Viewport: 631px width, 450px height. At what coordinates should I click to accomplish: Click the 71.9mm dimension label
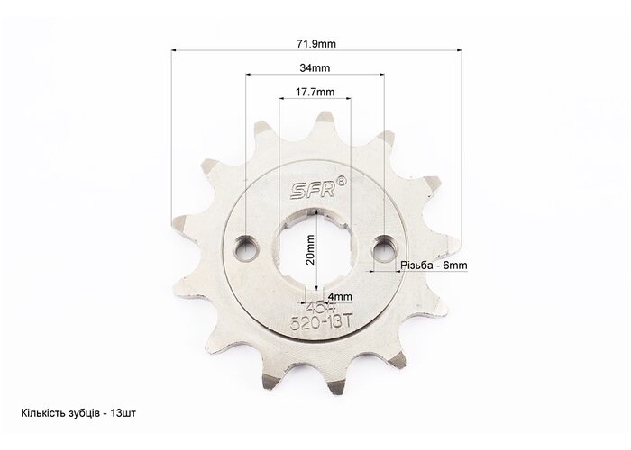pos(315,44)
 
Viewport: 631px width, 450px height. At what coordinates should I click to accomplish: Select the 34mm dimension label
pos(315,68)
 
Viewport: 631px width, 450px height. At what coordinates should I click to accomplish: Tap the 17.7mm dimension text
pos(315,92)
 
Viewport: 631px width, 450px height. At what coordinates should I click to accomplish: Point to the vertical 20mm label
pos(310,249)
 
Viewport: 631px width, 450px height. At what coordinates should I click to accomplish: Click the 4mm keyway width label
pos(340,297)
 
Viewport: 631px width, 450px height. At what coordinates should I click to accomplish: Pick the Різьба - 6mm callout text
pos(434,265)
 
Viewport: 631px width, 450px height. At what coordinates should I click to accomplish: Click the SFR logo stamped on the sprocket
pos(313,190)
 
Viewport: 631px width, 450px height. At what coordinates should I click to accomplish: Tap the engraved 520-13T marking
pos(322,322)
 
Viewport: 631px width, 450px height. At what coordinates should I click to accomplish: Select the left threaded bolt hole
pos(247,247)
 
